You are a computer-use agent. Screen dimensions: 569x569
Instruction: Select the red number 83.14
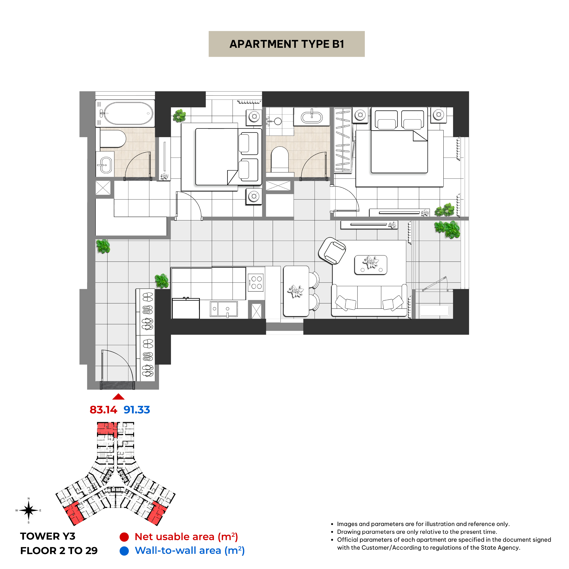103,410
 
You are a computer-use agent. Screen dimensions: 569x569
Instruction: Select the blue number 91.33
137,410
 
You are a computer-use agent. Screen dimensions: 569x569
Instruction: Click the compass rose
29,510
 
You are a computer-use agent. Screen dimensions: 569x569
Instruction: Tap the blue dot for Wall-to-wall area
124,551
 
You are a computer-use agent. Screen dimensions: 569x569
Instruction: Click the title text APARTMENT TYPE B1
287,44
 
